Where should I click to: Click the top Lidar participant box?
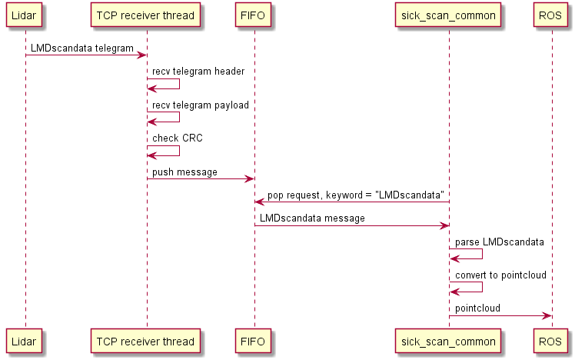click(25, 15)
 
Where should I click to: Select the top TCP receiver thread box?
click(146, 15)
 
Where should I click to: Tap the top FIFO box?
click(254, 15)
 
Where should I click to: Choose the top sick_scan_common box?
click(449, 15)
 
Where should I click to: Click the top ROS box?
click(551, 15)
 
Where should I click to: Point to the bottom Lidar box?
click(25, 340)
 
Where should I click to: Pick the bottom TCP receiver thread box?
click(146, 340)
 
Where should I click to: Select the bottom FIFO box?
click(254, 340)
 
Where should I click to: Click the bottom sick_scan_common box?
click(449, 340)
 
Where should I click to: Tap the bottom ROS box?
click(551, 340)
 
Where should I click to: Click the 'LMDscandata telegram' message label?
click(82, 48)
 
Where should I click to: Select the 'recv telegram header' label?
click(198, 72)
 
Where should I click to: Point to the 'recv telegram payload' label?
click(201, 105)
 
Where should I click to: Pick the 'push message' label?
click(184, 172)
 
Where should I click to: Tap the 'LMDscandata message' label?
click(312, 218)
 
